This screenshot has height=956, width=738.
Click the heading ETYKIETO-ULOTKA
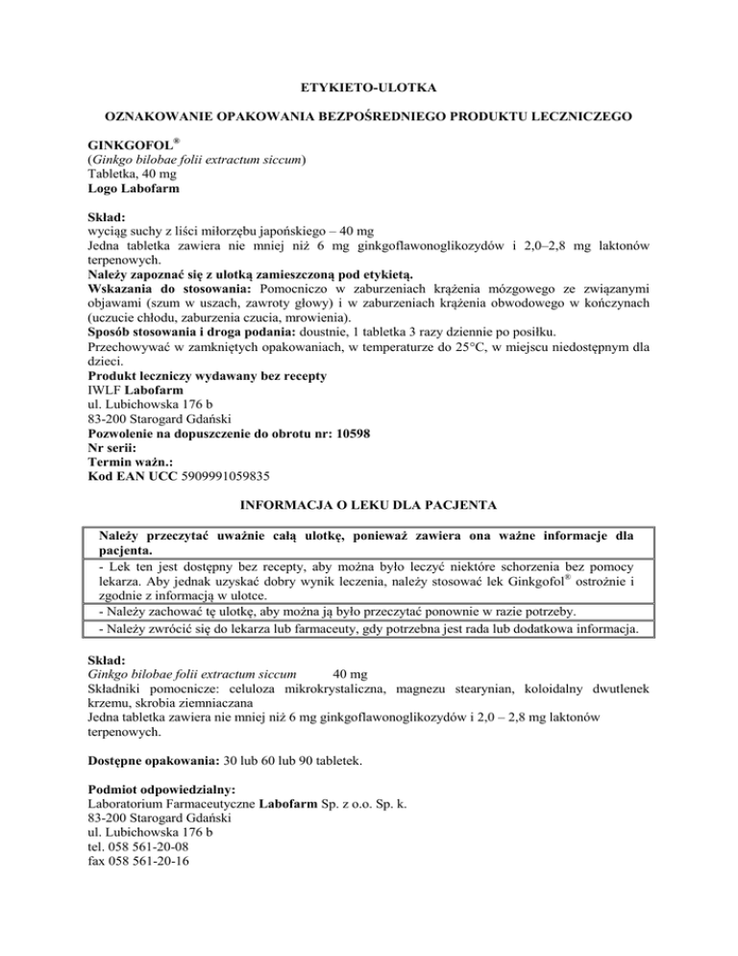(368, 88)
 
